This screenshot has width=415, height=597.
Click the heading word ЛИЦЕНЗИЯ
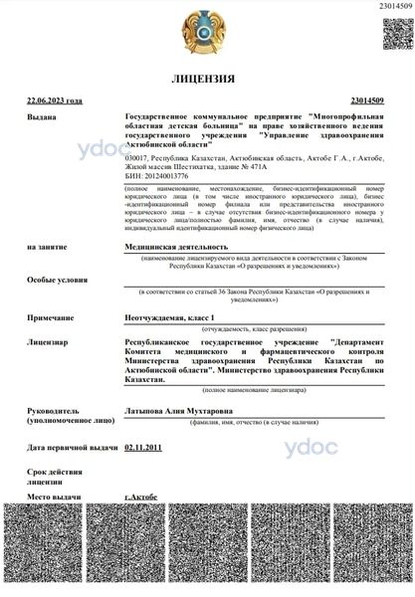tap(207, 78)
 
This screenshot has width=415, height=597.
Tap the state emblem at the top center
tap(207, 29)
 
